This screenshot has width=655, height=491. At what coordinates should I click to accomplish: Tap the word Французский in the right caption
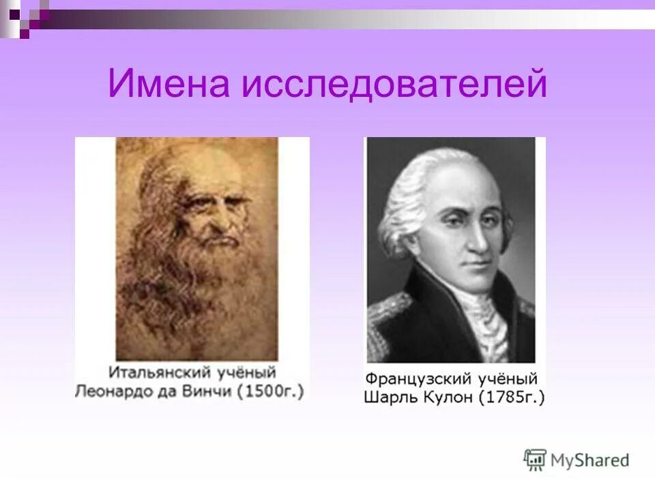point(414,378)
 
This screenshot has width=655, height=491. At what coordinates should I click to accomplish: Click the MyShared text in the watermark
point(589,460)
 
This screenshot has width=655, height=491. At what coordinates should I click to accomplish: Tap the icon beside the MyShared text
point(536,460)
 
